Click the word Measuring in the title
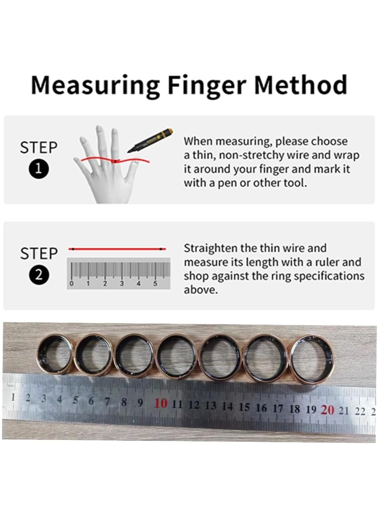(x=95, y=86)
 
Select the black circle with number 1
(x=39, y=169)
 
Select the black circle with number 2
(x=39, y=275)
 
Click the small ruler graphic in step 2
(x=118, y=274)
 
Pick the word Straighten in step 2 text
(x=211, y=248)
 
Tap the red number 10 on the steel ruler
(x=161, y=404)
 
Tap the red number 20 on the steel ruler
(x=328, y=409)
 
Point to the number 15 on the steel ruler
(x=244, y=407)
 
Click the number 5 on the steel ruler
(x=75, y=400)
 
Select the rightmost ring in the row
(x=312, y=359)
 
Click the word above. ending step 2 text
(x=200, y=290)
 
